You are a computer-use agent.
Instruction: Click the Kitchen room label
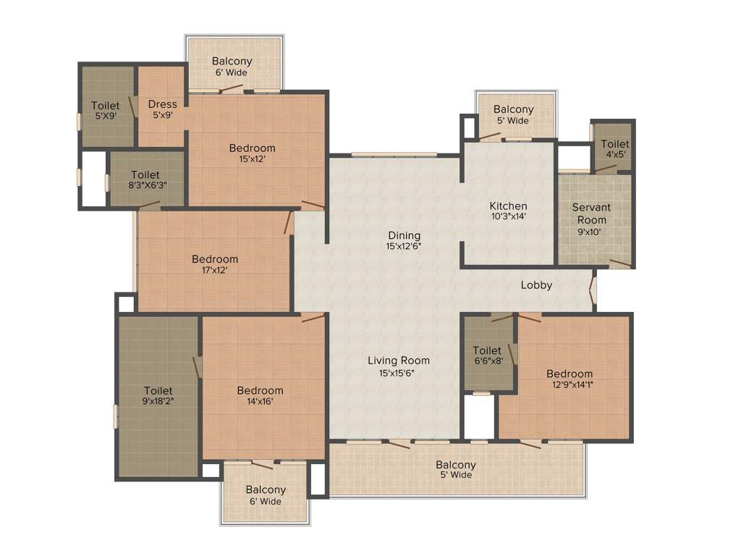tap(508, 211)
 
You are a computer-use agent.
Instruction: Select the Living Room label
tap(399, 366)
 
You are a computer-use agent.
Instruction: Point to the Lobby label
tap(536, 285)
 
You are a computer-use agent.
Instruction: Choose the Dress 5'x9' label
tap(162, 109)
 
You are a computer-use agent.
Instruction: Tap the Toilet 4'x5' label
tap(615, 149)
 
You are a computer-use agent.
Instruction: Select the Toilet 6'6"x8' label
tap(487, 355)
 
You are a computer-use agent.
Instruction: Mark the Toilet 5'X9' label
tap(106, 111)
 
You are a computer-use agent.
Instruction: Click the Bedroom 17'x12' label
tap(215, 264)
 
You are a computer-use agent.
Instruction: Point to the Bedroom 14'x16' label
tap(261, 396)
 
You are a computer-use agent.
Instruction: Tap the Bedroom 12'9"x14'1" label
tap(569, 379)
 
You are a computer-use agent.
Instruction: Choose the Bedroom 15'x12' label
tap(253, 153)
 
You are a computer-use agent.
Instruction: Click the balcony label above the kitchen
tap(514, 114)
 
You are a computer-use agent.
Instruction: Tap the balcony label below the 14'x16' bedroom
tap(266, 495)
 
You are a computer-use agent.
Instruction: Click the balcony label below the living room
tap(456, 470)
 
